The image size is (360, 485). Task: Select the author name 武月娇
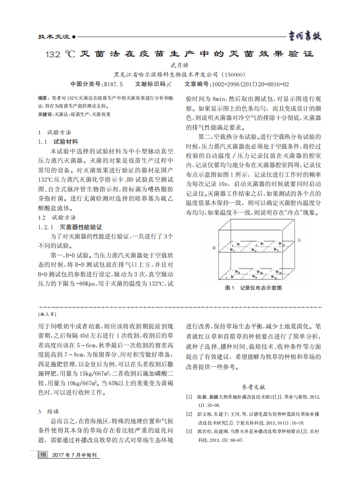pyautogui.click(x=180, y=65)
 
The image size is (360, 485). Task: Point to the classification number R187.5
pyautogui.click(x=112, y=84)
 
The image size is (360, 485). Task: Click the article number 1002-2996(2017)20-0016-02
pyautogui.click(x=250, y=84)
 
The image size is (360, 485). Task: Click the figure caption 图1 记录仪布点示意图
pyautogui.click(x=253, y=288)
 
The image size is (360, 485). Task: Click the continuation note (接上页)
pyautogui.click(x=48, y=314)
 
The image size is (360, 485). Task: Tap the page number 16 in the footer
pyautogui.click(x=43, y=455)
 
